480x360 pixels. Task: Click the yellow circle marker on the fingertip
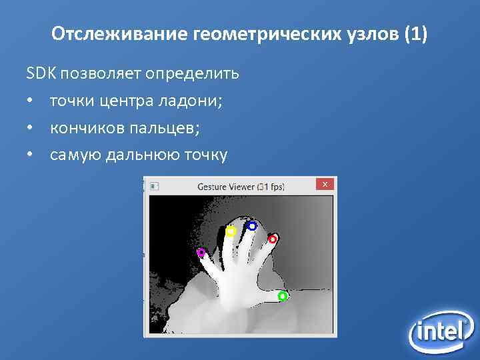[x=231, y=231]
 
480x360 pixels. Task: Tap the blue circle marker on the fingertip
[x=252, y=226]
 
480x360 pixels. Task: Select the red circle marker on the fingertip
[x=273, y=239]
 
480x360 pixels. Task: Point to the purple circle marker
[x=201, y=253]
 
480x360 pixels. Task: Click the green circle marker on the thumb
[x=282, y=296]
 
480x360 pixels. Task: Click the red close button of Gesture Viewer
[x=325, y=185]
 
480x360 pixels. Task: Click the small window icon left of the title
[x=154, y=186]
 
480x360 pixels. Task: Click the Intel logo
[x=440, y=331]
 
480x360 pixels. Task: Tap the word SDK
[x=39, y=73]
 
